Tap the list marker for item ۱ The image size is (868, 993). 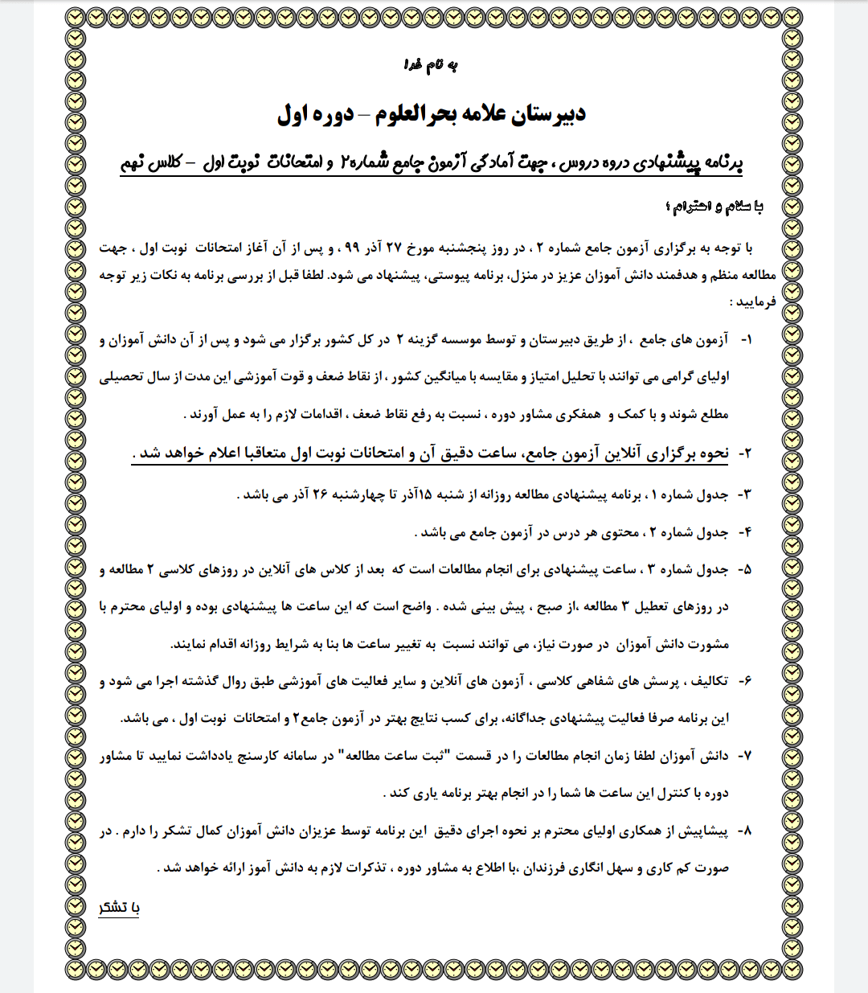[x=745, y=340]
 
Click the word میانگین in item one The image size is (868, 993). [x=443, y=377]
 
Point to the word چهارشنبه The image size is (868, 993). [x=351, y=494]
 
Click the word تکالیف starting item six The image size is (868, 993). [x=708, y=681]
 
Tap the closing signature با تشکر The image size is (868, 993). [x=119, y=907]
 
